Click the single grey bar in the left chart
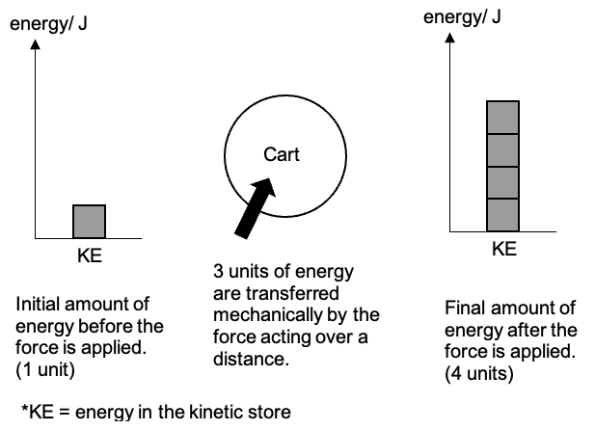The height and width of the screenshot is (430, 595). point(89,221)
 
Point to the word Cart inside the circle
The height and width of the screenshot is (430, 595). point(282,154)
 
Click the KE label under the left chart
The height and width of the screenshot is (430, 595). point(89,257)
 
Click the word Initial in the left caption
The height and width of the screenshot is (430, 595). point(36,306)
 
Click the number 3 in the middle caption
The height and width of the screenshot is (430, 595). point(218,272)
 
